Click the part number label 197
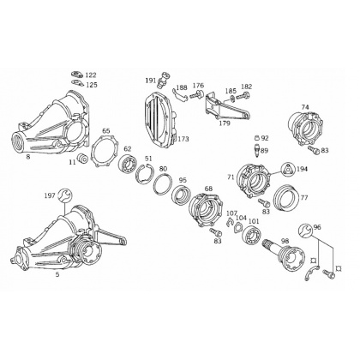[49, 195]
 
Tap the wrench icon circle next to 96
[305, 230]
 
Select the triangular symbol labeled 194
[287, 169]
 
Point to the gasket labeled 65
[104, 151]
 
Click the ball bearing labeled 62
[128, 164]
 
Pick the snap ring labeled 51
[145, 174]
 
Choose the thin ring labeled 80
[163, 184]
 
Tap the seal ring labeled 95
[182, 195]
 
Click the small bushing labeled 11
[83, 159]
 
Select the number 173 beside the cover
[183, 139]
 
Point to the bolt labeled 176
[196, 95]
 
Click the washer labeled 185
[232, 99]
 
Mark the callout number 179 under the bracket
[225, 123]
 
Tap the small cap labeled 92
[257, 138]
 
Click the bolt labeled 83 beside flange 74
[314, 150]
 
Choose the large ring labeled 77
[286, 199]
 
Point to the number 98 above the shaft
[285, 241]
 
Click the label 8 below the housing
[28, 156]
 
